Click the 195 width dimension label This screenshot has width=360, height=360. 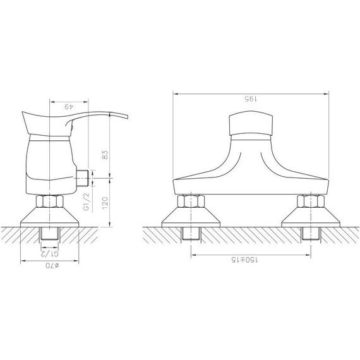point(251,99)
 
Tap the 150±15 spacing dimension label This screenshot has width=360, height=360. point(244,260)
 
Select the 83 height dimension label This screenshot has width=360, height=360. point(105,155)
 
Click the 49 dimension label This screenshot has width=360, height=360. point(69,107)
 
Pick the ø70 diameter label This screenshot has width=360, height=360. point(52,266)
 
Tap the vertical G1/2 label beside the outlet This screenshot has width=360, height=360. point(87,201)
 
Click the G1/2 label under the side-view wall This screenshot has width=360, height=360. point(50,253)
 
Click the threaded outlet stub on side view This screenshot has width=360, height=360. point(82,178)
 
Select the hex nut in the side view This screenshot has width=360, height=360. point(50,201)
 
